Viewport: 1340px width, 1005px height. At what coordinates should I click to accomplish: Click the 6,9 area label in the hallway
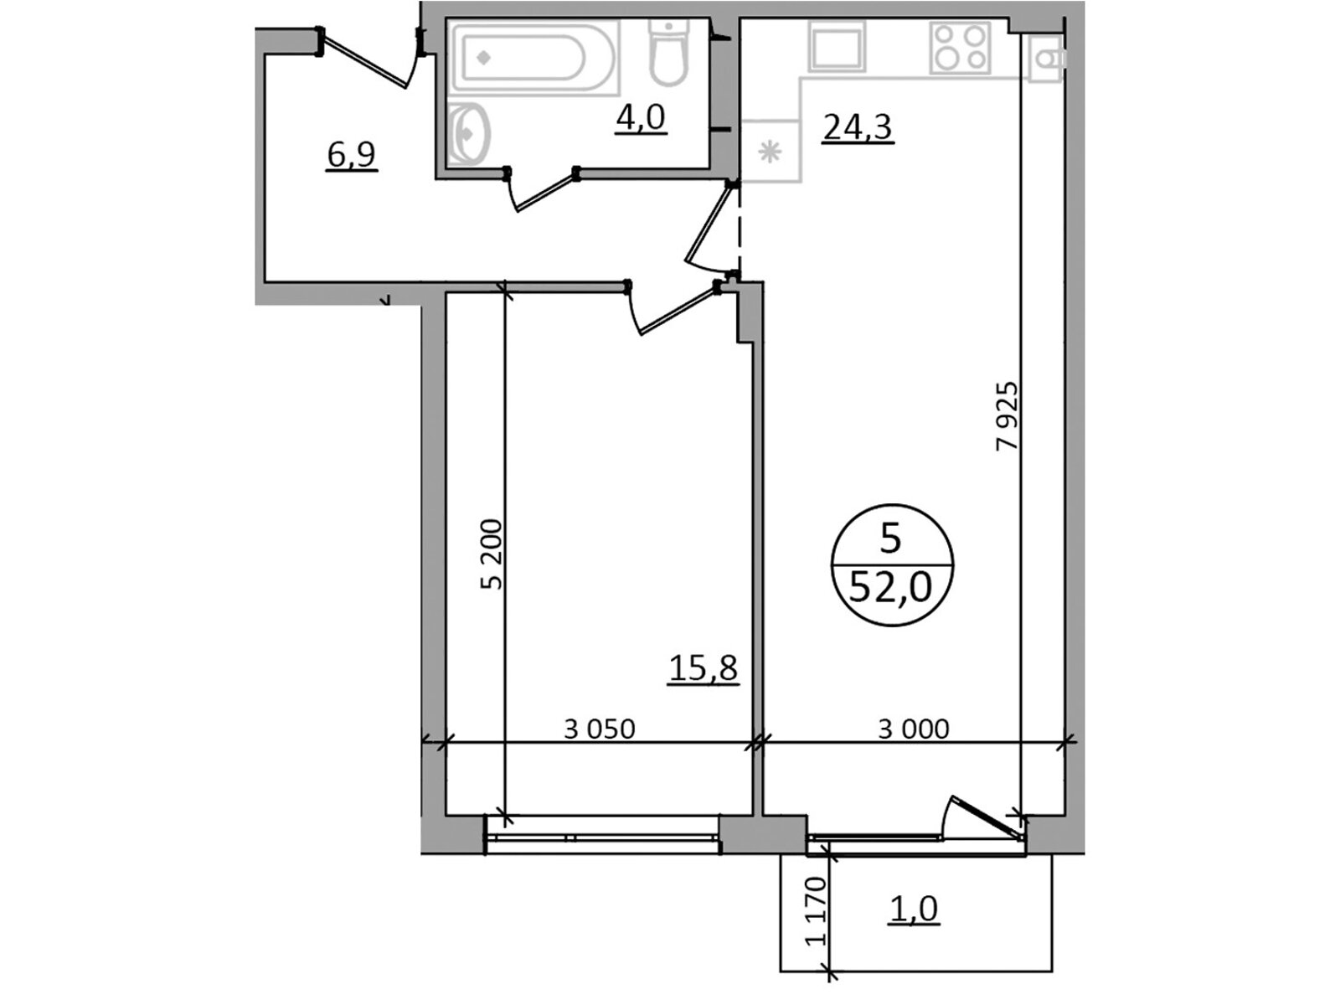[352, 156]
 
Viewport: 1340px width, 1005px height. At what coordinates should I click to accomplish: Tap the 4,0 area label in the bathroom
[640, 117]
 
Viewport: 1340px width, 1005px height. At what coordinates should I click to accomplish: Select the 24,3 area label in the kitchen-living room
[858, 127]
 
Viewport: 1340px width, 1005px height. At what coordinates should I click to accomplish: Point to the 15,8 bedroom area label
[703, 668]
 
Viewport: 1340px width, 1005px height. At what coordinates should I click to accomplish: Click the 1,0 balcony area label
[915, 910]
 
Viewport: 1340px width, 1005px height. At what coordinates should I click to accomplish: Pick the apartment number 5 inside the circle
[891, 539]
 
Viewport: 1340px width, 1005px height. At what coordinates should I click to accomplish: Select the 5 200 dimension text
[492, 554]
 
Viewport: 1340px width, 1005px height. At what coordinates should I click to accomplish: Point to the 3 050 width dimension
[600, 729]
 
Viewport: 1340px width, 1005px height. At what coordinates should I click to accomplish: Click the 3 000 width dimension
[914, 729]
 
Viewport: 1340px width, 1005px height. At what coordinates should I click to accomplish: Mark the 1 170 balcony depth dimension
[816, 912]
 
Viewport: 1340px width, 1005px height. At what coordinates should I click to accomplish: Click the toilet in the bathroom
[669, 53]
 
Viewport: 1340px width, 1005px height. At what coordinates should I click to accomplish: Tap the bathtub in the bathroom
[533, 58]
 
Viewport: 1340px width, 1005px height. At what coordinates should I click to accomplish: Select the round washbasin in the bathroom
[469, 134]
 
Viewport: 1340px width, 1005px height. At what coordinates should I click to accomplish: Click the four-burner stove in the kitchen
[961, 48]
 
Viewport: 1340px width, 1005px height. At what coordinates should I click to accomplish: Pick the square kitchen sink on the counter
[837, 46]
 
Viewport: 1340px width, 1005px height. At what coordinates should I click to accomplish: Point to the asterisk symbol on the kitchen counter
[770, 151]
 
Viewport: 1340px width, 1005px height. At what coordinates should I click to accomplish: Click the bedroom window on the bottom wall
[602, 835]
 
